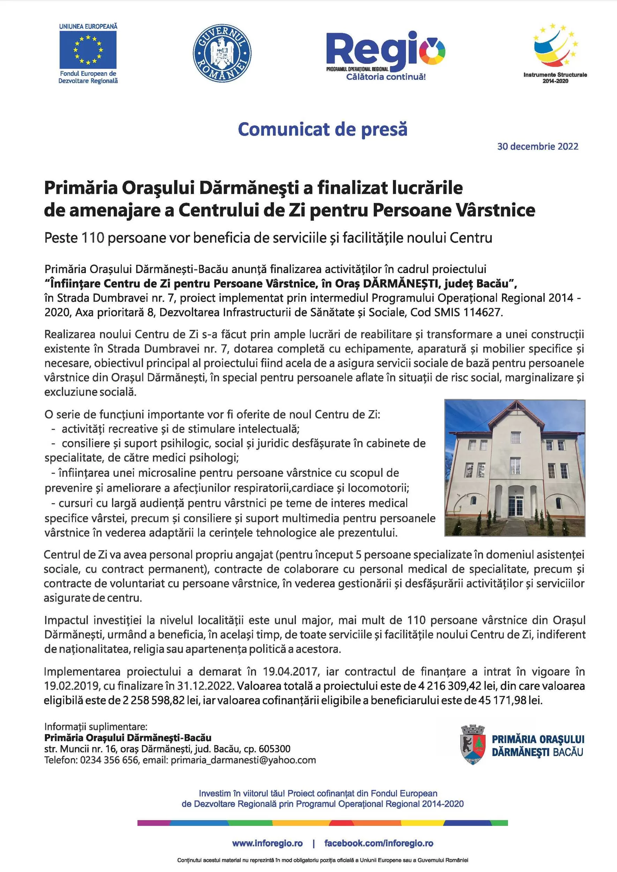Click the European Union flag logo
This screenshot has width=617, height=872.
88,50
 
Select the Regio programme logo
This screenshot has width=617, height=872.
385,55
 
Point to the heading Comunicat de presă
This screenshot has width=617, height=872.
322,129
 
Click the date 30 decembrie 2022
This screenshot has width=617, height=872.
537,146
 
